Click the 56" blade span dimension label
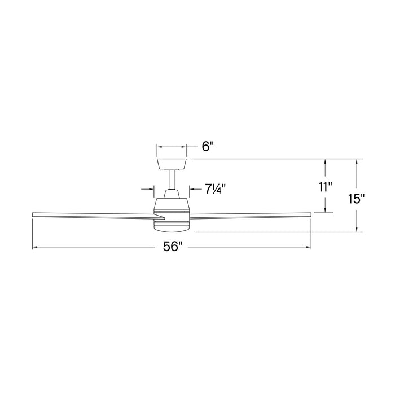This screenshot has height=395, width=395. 172,247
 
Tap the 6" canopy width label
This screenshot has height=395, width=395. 208,146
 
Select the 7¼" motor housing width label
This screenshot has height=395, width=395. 215,188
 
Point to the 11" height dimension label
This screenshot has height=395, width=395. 325,187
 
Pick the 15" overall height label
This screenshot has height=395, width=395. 357,199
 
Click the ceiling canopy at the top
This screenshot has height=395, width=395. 172,164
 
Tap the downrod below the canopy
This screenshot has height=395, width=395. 172,179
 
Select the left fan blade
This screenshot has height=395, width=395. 98,215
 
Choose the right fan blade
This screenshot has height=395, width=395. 251,215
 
